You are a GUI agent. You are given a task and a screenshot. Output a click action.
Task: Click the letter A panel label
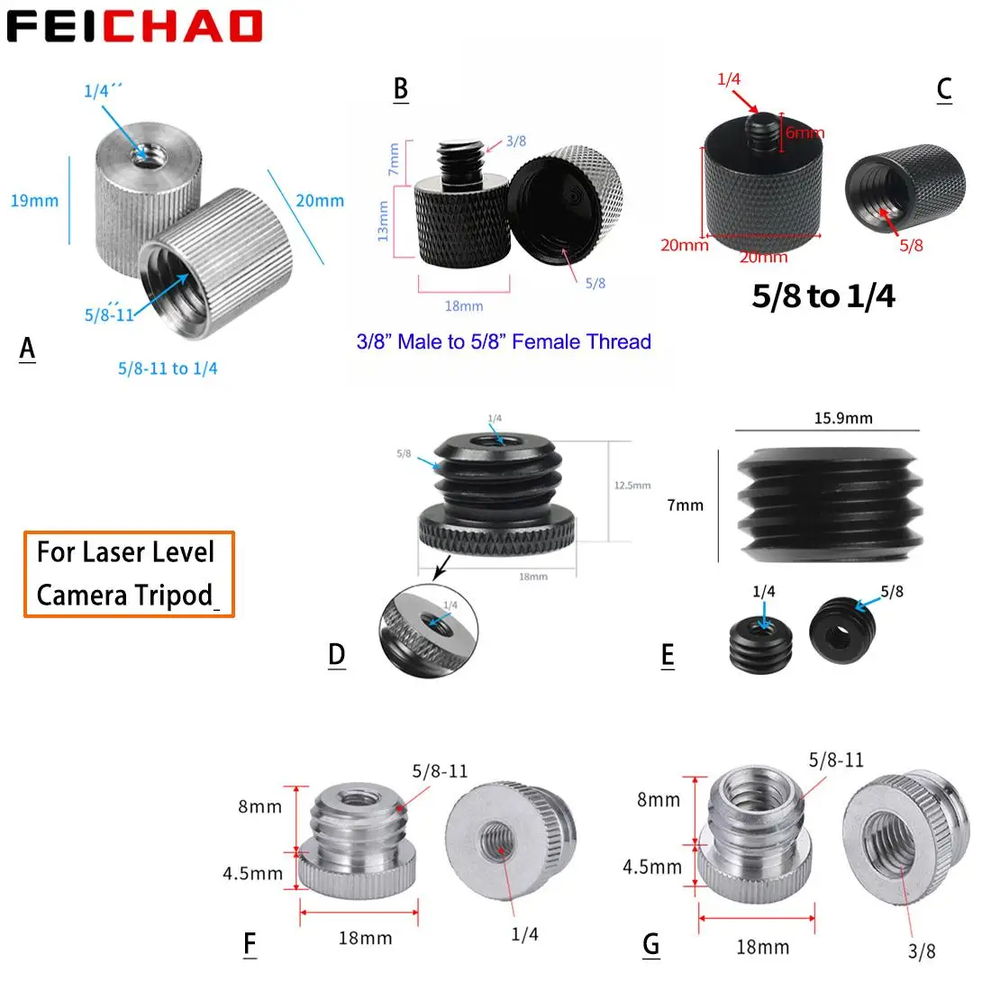point(27,348)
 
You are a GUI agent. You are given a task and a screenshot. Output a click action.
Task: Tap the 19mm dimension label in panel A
point(34,201)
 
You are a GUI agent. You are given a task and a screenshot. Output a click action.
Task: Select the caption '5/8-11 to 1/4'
point(168,368)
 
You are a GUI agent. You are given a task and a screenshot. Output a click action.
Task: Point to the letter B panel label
point(401,88)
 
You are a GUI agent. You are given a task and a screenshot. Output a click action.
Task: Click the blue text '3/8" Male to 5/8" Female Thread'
point(504,341)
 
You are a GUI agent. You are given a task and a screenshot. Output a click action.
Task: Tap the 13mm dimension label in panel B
point(383,221)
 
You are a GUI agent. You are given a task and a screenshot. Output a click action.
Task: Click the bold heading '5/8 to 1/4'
point(823,296)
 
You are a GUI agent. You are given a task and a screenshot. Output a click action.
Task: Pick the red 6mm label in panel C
point(804,133)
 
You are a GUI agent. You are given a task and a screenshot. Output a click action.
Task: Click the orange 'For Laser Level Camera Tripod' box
point(129,574)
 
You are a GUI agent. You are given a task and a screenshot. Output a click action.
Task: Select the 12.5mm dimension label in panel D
point(632,486)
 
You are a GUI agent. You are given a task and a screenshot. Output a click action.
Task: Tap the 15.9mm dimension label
point(843,418)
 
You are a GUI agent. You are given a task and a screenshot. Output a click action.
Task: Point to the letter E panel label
point(668,655)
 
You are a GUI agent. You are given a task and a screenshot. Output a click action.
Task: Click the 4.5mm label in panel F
point(253,873)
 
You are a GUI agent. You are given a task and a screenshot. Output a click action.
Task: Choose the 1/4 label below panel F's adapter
point(524,934)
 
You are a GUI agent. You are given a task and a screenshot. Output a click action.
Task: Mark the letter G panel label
point(651,944)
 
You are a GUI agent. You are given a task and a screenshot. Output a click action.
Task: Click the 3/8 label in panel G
point(922,950)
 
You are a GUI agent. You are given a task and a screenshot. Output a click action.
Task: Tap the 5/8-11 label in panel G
point(836,760)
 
